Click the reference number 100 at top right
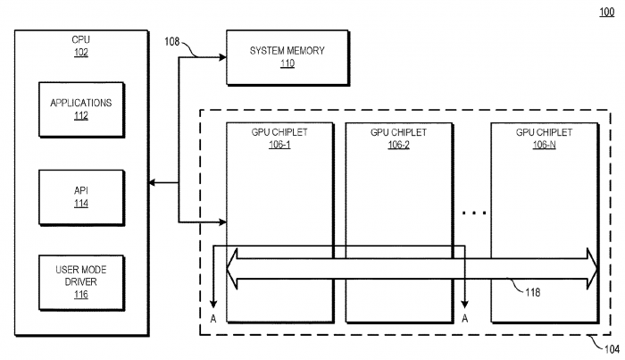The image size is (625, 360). coord(606,12)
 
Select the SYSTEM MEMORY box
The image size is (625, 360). coord(287,58)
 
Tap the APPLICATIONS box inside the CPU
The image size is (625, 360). coord(82,110)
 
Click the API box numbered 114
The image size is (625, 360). coord(82,197)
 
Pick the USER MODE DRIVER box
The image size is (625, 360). coord(82,282)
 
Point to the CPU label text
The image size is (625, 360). coord(81,39)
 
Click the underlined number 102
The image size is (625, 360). coord(81,52)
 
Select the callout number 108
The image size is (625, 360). coord(172,41)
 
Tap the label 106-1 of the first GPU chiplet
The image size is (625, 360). coord(279,145)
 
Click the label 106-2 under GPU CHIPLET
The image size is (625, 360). coord(398,145)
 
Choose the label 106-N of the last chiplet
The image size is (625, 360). coord(544,145)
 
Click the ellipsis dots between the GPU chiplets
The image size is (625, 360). coord(474,213)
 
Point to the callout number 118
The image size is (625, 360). coord(532,293)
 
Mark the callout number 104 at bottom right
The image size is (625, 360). coord(612,349)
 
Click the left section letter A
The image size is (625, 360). coord(213,319)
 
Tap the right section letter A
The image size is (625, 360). coord(465,319)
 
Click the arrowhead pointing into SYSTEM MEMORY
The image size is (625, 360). coord(222,57)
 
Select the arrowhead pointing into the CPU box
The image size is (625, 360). coord(152,182)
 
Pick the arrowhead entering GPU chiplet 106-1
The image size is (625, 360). coord(222,222)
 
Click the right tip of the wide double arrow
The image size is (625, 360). coord(597,268)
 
